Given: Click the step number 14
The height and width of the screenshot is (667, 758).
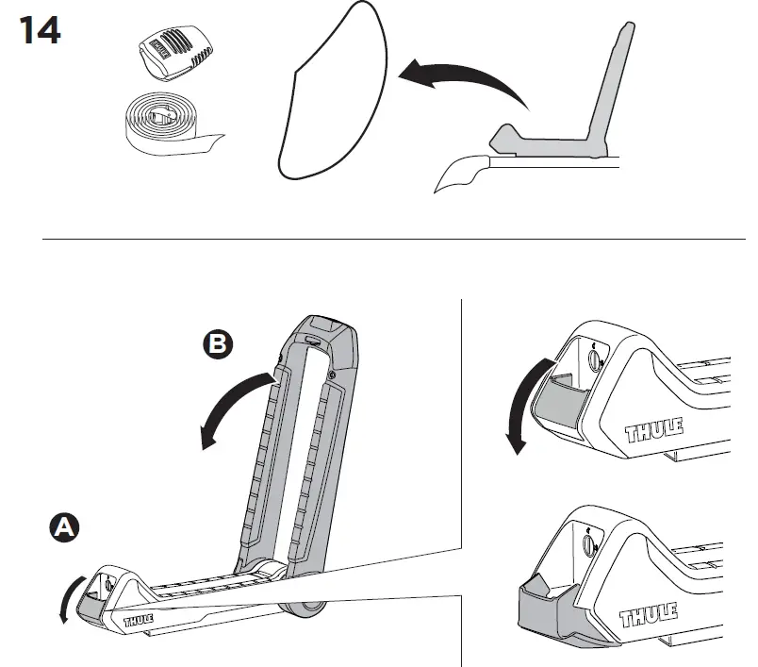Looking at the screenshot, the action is click(x=41, y=30).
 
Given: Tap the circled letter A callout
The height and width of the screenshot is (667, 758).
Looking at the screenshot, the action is click(x=64, y=527).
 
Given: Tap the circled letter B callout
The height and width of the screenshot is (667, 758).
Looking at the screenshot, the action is click(x=218, y=344).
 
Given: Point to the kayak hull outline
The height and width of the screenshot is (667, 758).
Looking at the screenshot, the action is click(x=335, y=92).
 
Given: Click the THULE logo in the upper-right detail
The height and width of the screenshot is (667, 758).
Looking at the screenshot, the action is click(x=654, y=429).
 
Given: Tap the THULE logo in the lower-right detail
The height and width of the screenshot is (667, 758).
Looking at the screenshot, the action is click(x=649, y=615).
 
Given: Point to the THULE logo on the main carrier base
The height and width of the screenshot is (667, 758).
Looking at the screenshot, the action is click(x=139, y=620).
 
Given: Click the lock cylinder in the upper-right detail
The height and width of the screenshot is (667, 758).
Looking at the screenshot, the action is click(x=594, y=359).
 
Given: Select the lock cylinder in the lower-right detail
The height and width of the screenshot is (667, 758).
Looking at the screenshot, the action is click(x=590, y=543).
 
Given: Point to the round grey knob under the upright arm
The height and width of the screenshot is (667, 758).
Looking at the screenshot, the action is click(x=302, y=609).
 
